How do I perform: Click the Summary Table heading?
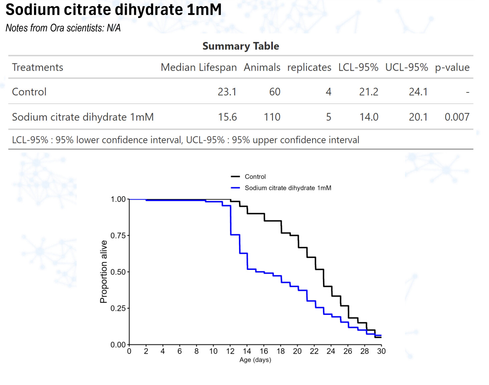point(240,46)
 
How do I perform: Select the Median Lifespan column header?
point(198,67)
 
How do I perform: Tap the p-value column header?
point(452,67)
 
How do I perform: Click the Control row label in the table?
point(29,92)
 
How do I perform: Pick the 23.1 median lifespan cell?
point(227,92)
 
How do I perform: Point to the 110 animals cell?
point(272,117)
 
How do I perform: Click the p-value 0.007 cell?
point(457,117)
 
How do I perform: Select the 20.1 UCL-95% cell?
point(418,117)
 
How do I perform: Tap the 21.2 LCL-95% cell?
point(369,92)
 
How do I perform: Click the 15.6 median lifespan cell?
point(227,117)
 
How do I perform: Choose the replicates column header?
point(309,67)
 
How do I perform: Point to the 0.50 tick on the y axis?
point(118,272)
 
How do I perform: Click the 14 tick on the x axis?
point(247,351)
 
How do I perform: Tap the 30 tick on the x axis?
point(381,351)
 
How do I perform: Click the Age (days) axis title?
point(255,360)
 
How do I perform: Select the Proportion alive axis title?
point(104,272)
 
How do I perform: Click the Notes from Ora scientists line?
point(63,28)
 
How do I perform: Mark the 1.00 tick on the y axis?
point(118,199)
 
